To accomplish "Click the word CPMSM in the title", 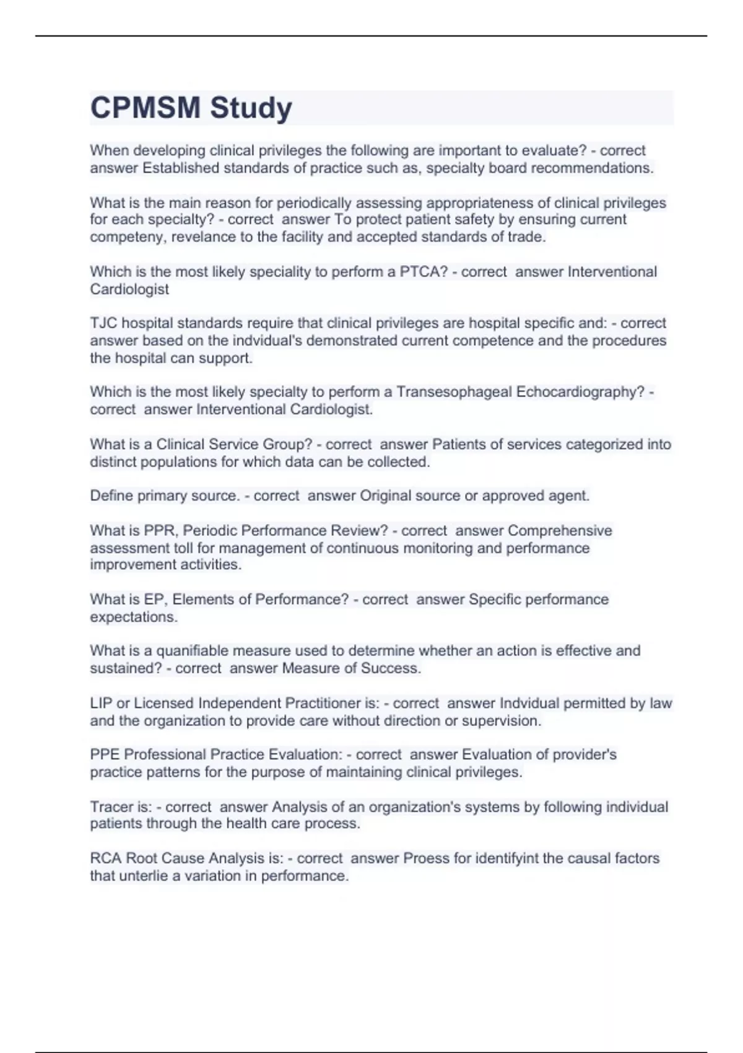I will (146, 108).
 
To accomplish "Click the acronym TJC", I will (103, 323).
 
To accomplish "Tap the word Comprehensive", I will (560, 531).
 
